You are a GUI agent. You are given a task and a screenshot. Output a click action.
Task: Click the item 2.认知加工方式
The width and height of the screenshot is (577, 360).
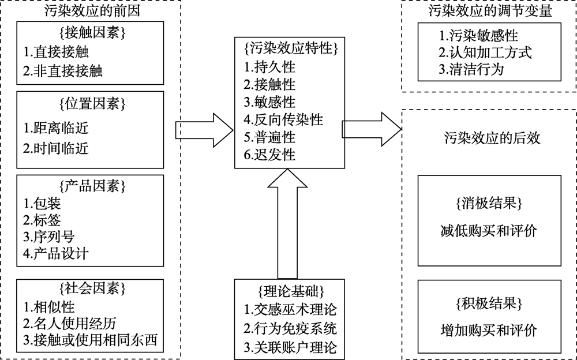[484, 52]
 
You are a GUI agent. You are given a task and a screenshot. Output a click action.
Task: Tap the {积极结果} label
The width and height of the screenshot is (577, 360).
[488, 303]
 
